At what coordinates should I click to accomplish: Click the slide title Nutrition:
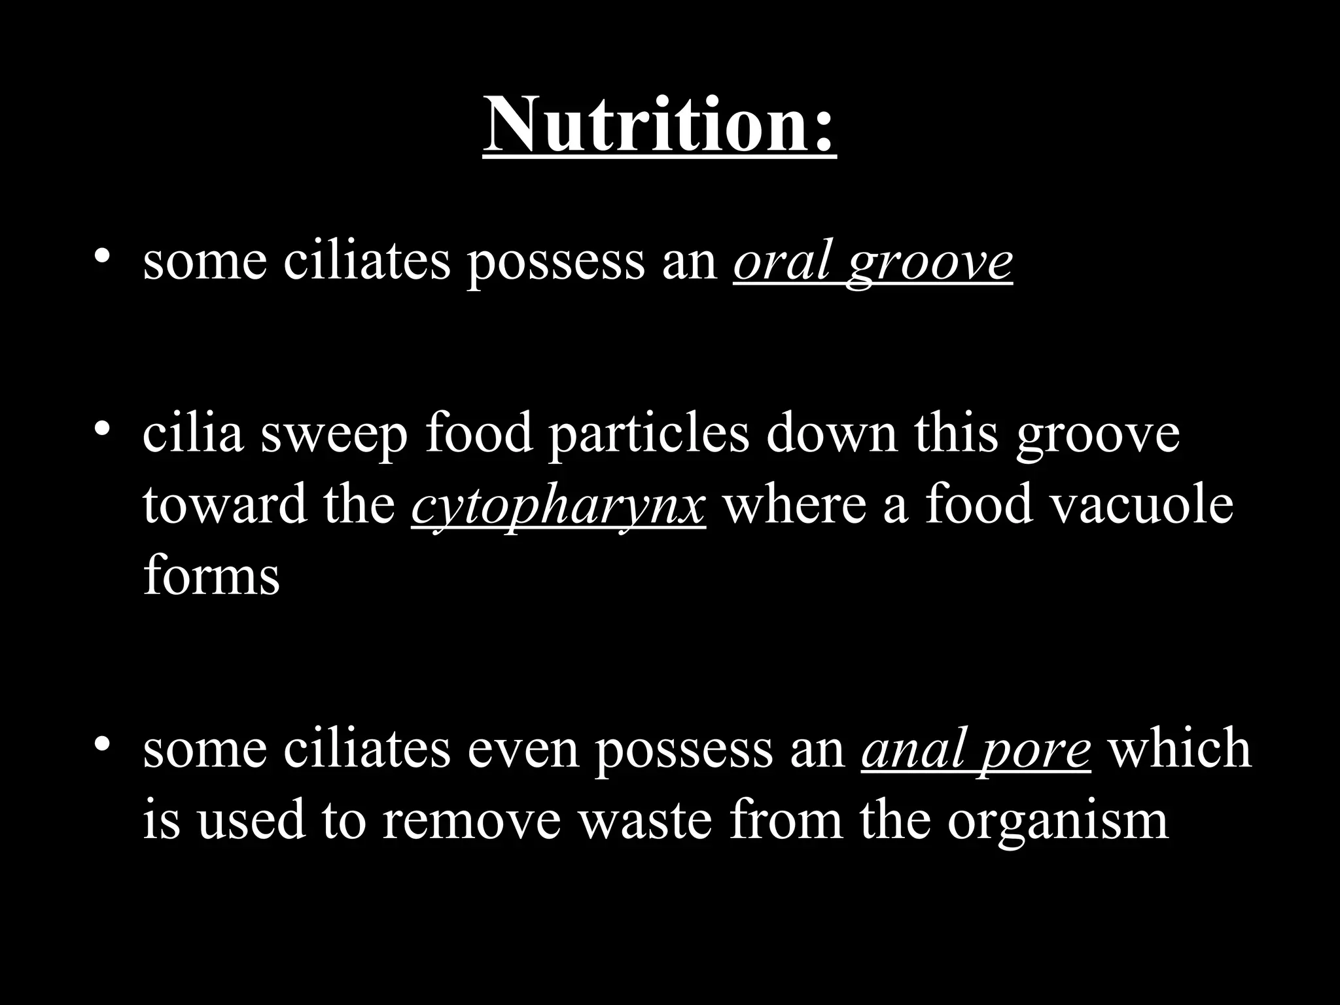[x=660, y=124]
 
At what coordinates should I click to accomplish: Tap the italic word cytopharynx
[x=559, y=506]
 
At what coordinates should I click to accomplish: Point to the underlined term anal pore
[x=976, y=750]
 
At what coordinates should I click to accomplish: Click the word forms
[x=211, y=576]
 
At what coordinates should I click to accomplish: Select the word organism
[x=1057, y=822]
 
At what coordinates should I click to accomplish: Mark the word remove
[x=472, y=820]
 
